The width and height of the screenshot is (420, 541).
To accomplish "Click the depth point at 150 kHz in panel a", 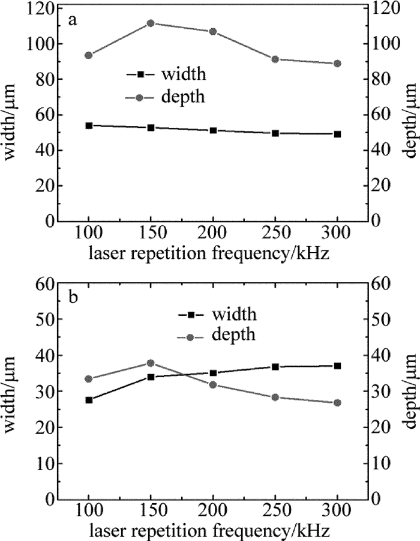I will [151, 23].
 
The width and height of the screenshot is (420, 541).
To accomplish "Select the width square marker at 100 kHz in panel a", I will [89, 125].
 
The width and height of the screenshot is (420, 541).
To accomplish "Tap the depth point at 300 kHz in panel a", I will [337, 64].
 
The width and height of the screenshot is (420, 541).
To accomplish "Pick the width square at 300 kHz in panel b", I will [337, 366].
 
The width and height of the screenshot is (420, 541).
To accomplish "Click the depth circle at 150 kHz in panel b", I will [151, 363].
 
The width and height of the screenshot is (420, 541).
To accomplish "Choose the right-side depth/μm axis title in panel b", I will [410, 390].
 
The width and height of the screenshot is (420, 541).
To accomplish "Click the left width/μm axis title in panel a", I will [11, 115].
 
